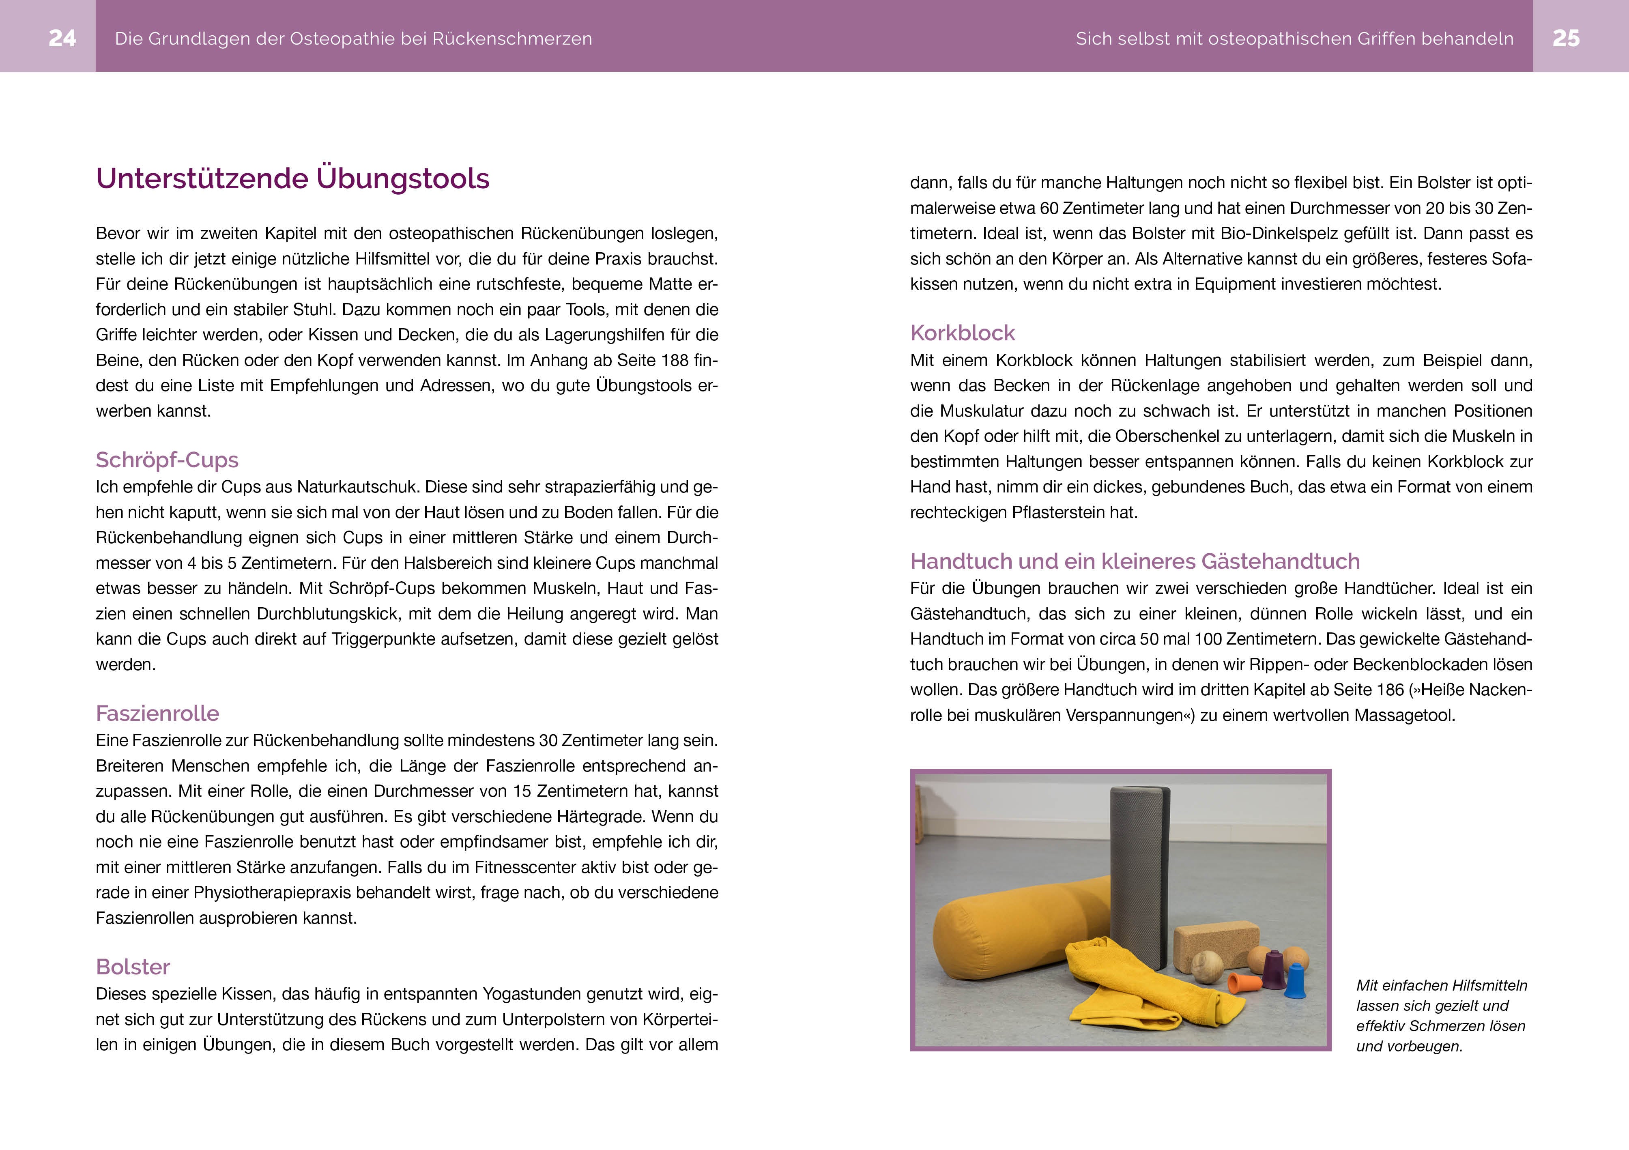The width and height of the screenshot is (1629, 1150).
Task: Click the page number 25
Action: click(1566, 38)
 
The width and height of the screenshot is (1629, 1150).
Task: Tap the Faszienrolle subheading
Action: click(157, 713)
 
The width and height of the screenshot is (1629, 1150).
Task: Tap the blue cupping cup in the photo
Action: click(1296, 981)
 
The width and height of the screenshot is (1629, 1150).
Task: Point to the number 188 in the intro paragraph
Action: click(674, 360)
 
